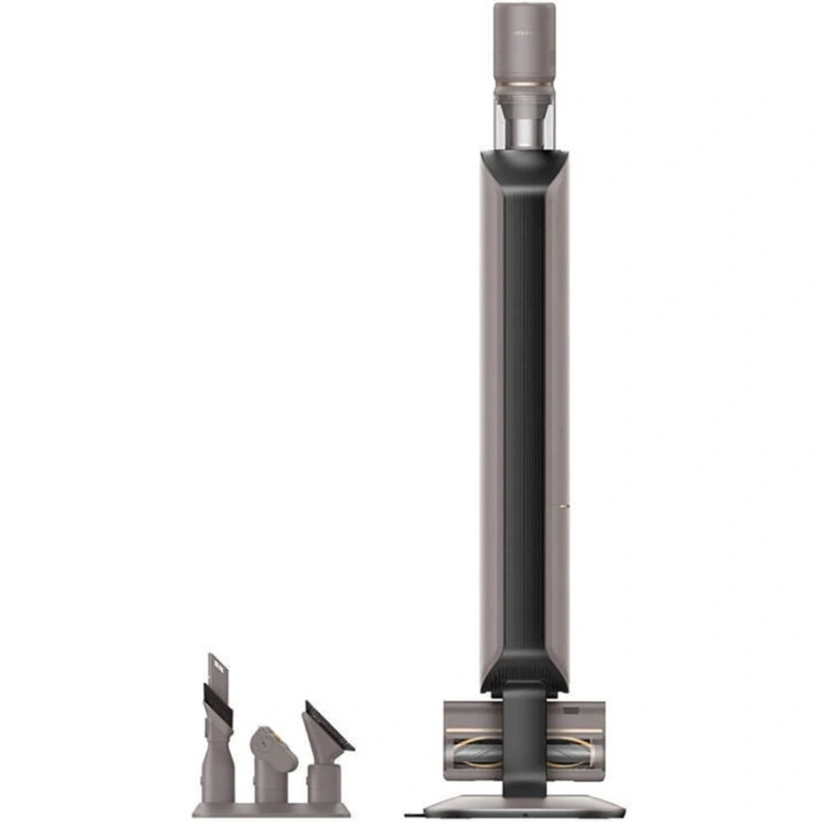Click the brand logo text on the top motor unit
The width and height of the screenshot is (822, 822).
[x=524, y=30]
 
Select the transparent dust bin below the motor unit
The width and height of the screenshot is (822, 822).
[x=524, y=121]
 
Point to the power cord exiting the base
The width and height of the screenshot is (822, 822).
[x=415, y=813]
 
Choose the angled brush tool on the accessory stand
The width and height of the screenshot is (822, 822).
[x=323, y=750]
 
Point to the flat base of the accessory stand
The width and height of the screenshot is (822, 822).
[x=271, y=810]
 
